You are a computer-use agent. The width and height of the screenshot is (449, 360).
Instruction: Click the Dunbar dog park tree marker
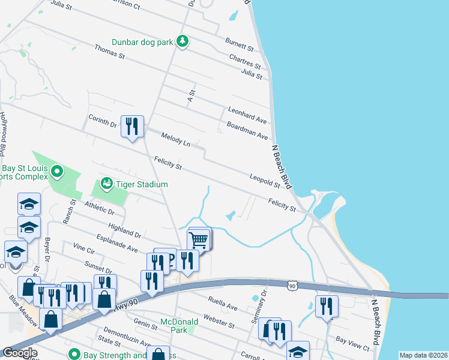183,41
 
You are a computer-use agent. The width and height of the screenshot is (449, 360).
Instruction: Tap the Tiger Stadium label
142,184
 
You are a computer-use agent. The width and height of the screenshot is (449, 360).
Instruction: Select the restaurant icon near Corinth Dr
132,126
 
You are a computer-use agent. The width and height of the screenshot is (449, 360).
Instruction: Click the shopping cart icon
199,239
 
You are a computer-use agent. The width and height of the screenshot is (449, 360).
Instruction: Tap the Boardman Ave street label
247,131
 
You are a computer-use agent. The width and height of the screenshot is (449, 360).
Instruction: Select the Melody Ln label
175,140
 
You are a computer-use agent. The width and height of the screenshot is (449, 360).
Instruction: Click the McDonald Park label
179,326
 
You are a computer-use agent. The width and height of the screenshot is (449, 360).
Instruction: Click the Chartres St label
245,61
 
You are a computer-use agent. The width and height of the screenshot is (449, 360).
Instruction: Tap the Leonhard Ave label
247,115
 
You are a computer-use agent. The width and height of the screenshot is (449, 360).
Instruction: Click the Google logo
20,352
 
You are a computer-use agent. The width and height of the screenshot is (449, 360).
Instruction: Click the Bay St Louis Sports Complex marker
57,173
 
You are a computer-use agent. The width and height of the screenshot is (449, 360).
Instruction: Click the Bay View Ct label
352,344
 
